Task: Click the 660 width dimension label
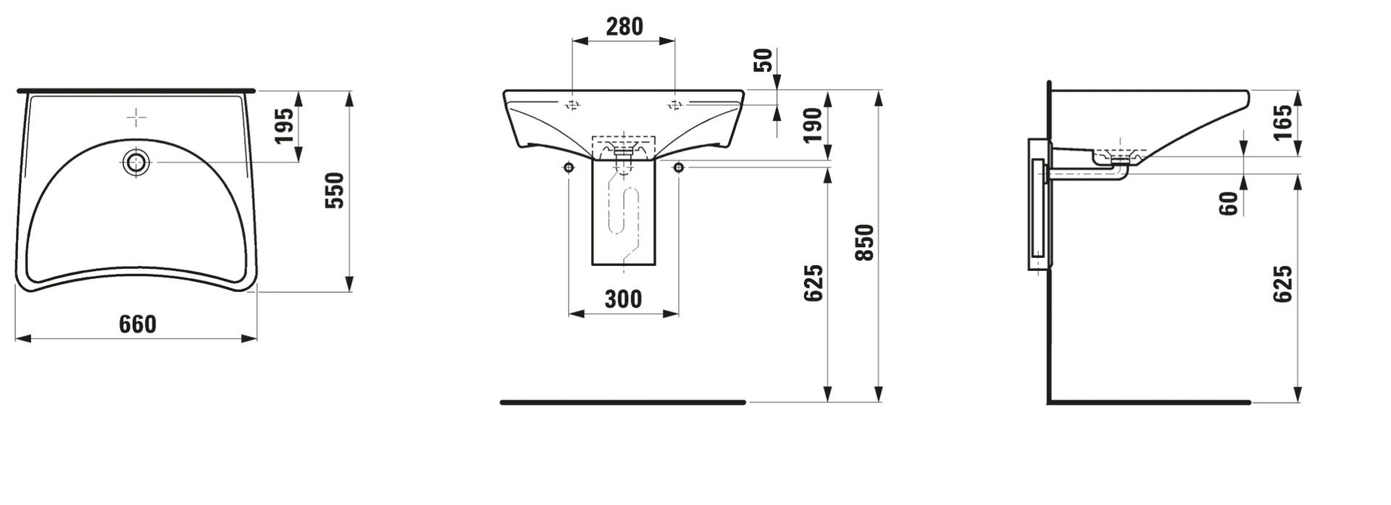click(138, 324)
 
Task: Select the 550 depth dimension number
click(335, 191)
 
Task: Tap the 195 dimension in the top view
click(284, 125)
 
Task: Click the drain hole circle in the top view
click(135, 162)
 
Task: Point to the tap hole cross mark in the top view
click(136, 117)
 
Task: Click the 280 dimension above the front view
click(624, 26)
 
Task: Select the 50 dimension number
click(764, 61)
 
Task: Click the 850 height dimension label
click(865, 243)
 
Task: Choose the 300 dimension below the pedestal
click(623, 299)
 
